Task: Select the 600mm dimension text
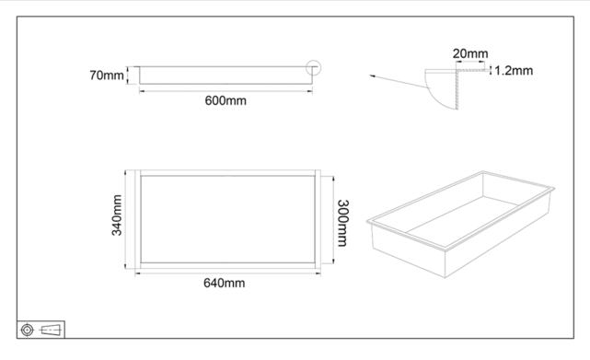coord(225,100)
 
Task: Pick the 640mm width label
coord(224,283)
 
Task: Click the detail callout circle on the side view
coord(314,67)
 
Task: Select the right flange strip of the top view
coord(316,220)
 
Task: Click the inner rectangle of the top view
coord(226,220)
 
